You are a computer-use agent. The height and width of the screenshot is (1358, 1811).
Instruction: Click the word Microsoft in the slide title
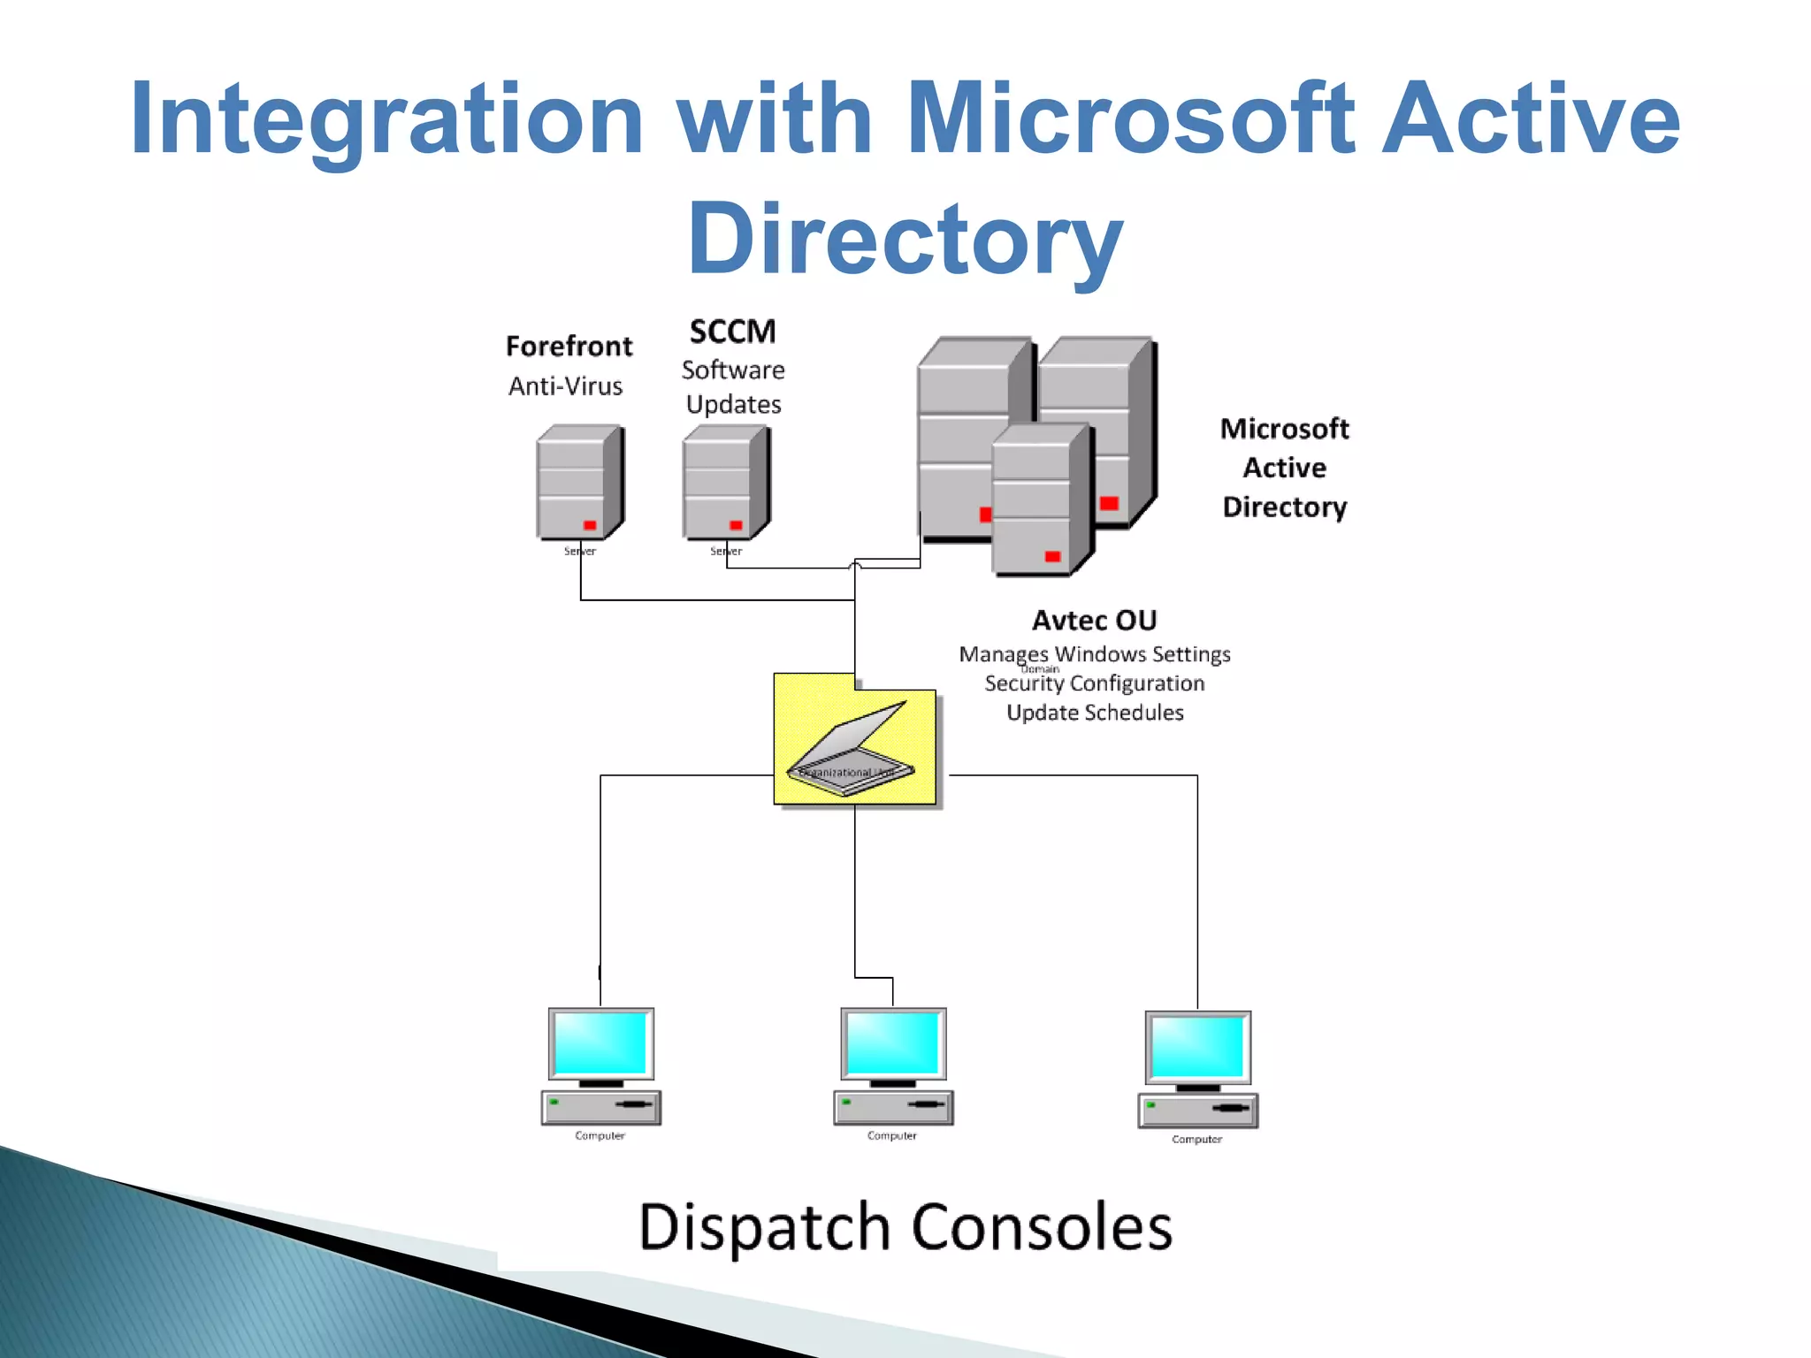[1130, 119]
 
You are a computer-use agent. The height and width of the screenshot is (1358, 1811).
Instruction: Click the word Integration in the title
[386, 119]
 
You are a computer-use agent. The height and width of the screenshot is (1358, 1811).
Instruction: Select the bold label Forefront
[569, 346]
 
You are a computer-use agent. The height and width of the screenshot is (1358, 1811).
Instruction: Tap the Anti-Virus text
[565, 386]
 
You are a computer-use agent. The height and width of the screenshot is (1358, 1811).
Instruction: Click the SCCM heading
[732, 332]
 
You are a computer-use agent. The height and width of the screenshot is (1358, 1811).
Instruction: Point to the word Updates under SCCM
[733, 405]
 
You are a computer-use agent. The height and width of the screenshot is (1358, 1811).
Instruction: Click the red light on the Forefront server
[590, 525]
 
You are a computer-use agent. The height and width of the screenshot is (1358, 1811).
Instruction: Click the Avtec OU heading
[1094, 620]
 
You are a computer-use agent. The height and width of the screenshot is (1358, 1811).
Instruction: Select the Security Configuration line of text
[1094, 683]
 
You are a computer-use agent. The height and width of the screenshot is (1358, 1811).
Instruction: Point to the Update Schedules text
[1094, 713]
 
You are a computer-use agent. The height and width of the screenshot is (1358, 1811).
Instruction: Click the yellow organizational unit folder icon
[853, 743]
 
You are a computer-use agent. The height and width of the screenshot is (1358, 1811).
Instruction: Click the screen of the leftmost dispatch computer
[600, 1042]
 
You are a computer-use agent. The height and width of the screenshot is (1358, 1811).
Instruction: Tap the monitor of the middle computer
[892, 1042]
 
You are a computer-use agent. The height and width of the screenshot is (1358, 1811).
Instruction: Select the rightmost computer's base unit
[1197, 1110]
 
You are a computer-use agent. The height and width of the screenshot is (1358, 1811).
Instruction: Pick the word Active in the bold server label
[1284, 468]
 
